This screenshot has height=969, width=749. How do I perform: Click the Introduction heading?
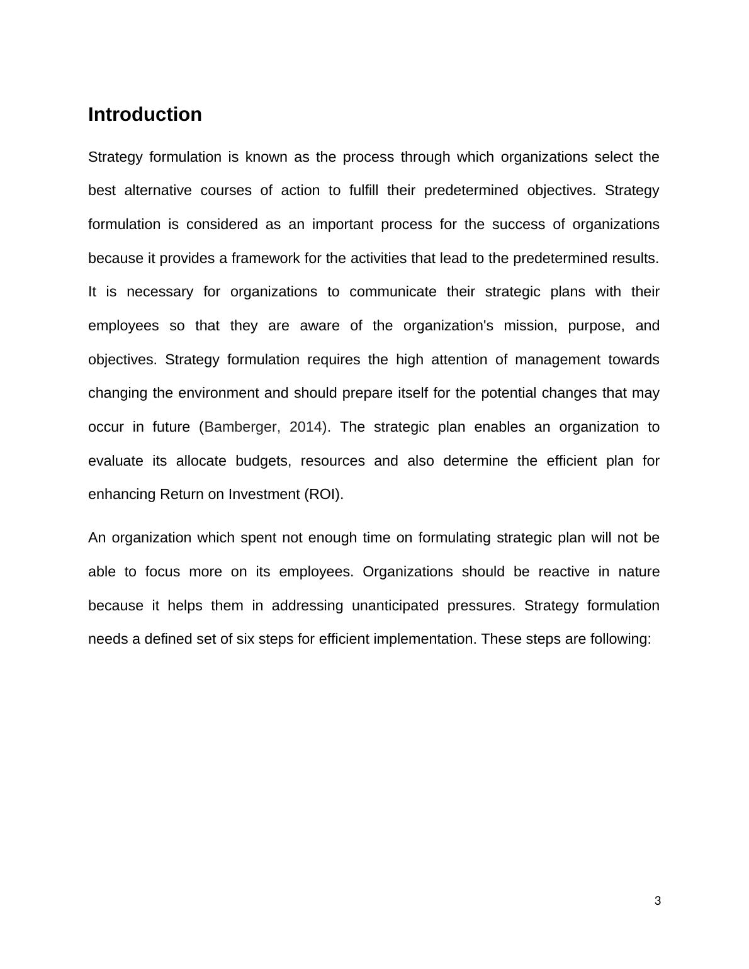click(145, 115)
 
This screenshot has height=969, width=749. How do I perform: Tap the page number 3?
click(658, 901)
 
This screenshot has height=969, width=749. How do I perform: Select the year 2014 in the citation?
click(307, 427)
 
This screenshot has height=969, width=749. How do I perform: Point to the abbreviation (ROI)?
click(323, 495)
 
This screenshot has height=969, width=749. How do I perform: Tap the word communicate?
click(393, 292)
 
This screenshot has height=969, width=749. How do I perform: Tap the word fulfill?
click(363, 191)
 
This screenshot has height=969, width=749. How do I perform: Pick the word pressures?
click(480, 606)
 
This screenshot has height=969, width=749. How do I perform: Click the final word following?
click(619, 639)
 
